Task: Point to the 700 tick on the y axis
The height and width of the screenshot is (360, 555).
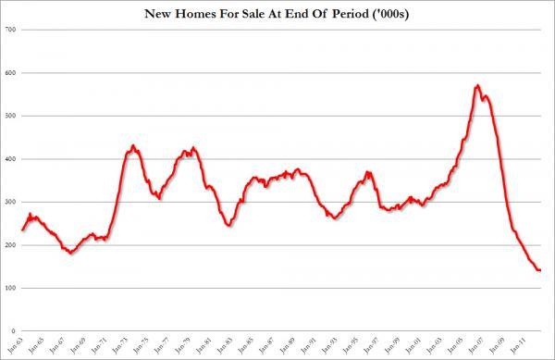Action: (11, 30)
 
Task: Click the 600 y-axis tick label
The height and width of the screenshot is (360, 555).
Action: (11, 72)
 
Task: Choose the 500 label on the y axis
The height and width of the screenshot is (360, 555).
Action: (11, 116)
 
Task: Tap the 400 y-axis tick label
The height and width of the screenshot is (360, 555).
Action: (11, 159)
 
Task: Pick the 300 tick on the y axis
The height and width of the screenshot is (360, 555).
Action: (11, 202)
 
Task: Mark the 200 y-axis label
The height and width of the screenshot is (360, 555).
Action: (11, 245)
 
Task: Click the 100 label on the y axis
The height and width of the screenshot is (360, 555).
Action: (11, 288)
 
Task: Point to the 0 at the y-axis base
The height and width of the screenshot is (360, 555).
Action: (15, 330)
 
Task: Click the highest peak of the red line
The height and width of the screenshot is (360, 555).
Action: (477, 86)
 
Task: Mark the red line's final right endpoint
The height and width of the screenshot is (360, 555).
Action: (540, 270)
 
